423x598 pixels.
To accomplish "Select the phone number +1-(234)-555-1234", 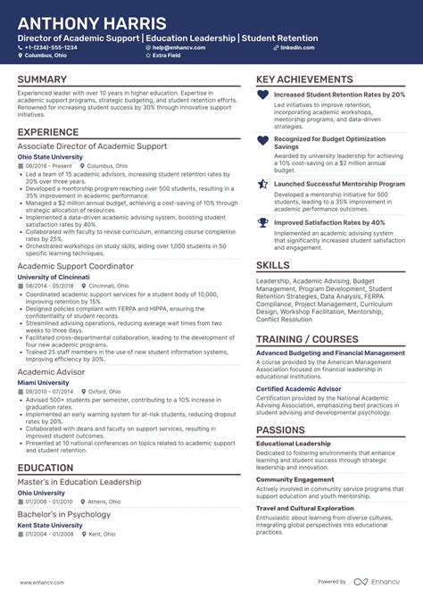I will [x=51, y=47].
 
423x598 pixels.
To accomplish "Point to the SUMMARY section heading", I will [x=43, y=80].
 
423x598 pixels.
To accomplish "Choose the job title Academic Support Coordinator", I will [x=75, y=266].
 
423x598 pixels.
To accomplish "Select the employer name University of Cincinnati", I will [x=54, y=277].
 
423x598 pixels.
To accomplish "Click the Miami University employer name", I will [x=44, y=382].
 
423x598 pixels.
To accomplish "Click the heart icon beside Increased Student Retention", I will [x=262, y=94].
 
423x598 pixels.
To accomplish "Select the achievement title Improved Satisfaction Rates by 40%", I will [x=329, y=222].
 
